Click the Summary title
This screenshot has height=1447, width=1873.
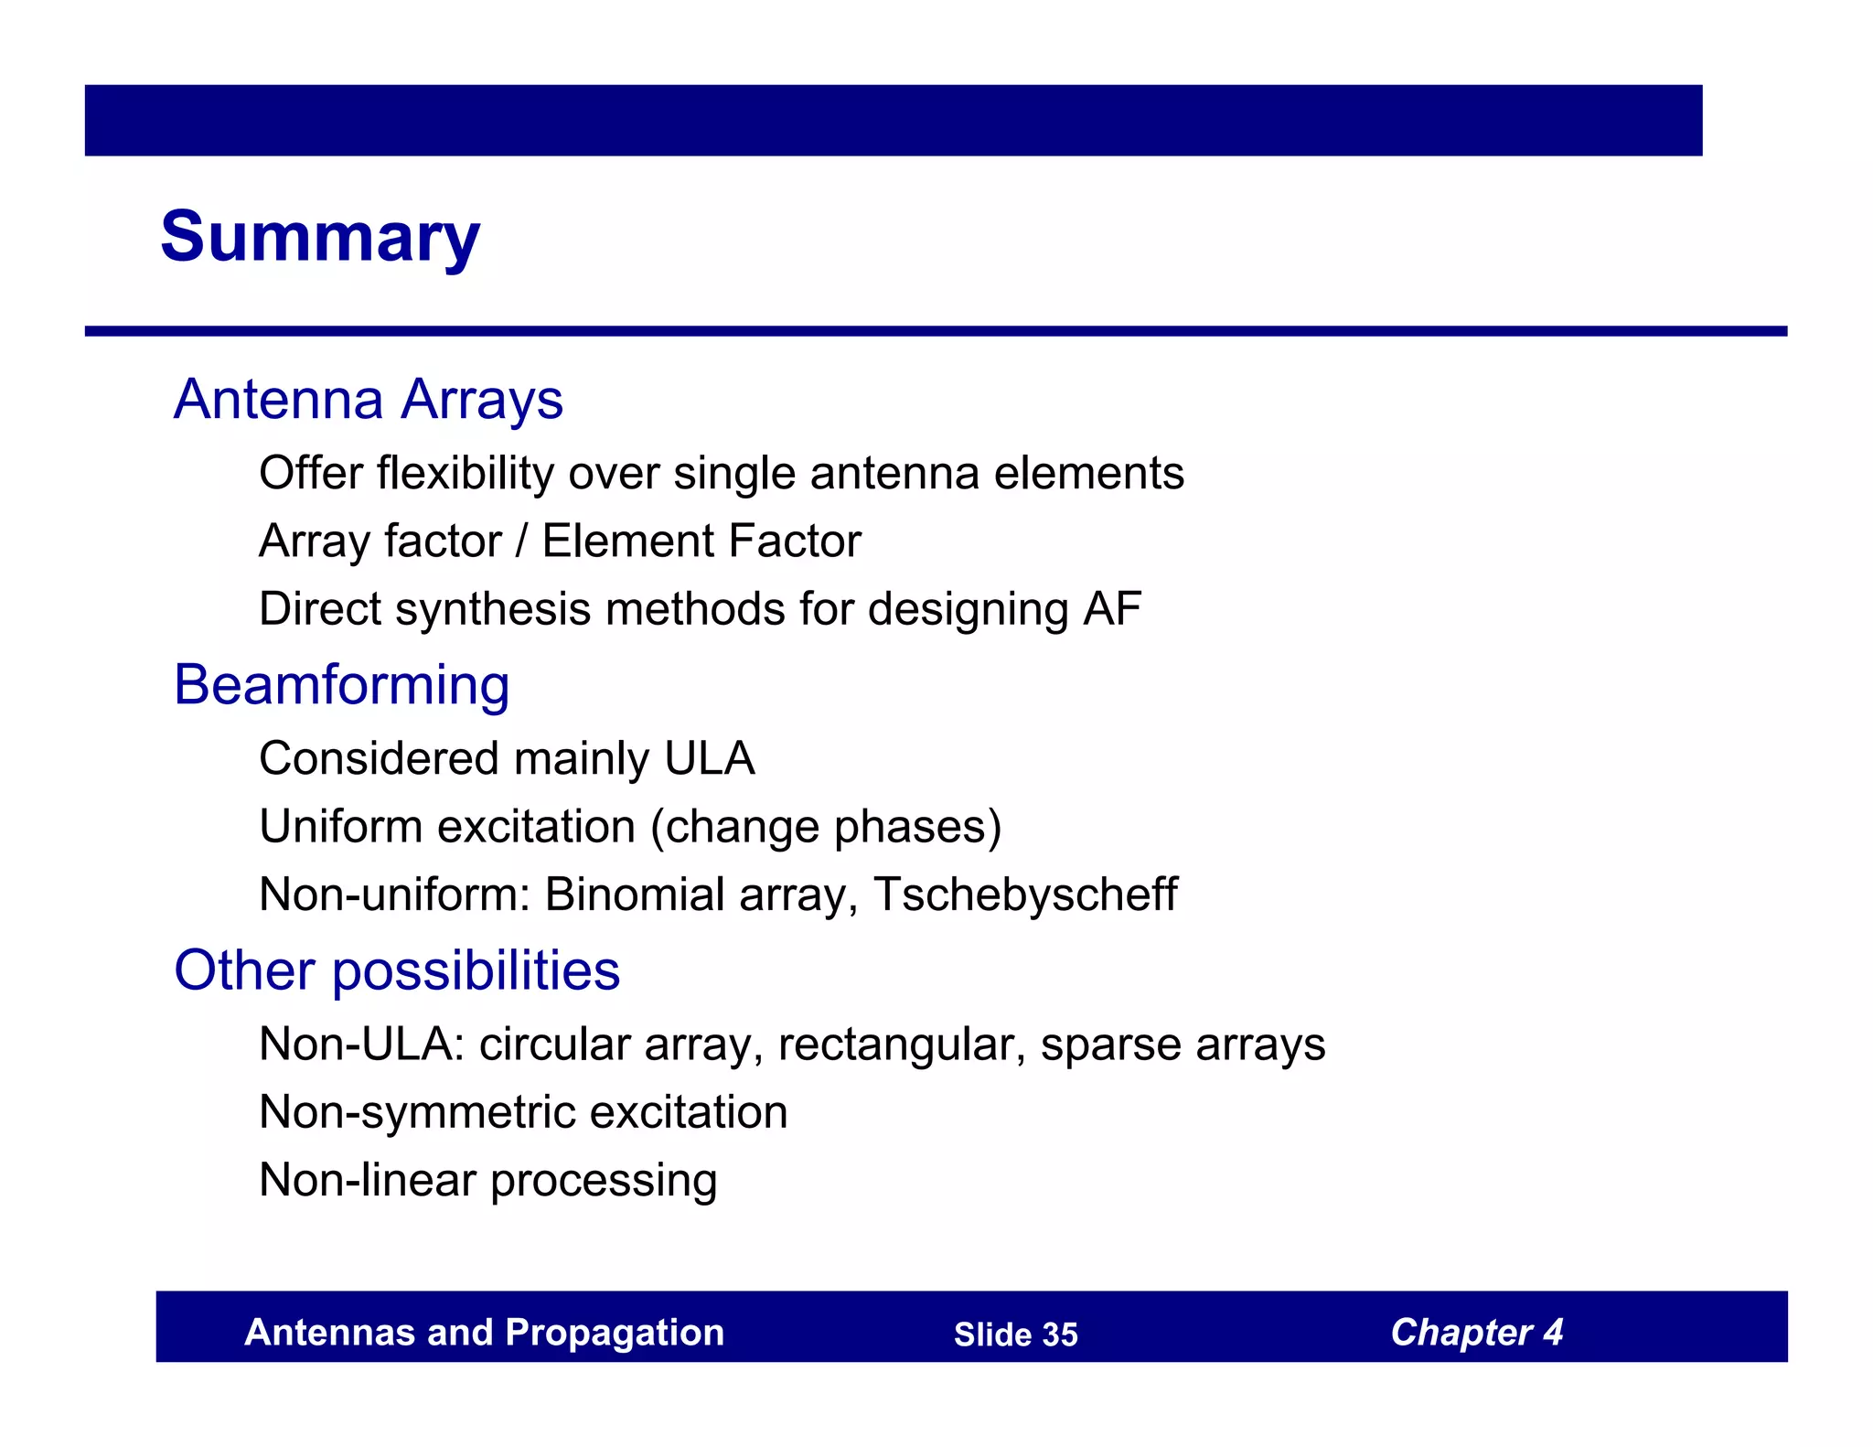(319, 237)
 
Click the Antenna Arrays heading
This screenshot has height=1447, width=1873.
(368, 400)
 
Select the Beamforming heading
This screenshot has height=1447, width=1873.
(341, 685)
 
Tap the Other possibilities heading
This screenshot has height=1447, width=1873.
(397, 970)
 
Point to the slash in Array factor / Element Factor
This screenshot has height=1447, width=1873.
(521, 541)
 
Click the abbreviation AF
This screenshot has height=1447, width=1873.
(1112, 609)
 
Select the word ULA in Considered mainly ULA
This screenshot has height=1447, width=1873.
(709, 759)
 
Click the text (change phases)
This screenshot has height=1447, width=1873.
(826, 828)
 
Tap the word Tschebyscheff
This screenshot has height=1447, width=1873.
(1025, 895)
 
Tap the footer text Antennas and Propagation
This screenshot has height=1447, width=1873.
(484, 1333)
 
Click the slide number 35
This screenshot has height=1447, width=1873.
(1059, 1335)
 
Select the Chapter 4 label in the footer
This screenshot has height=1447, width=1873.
(1476, 1333)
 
